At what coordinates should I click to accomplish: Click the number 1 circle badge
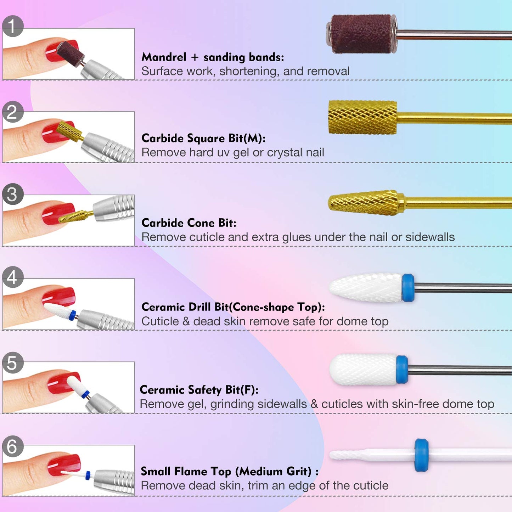point(13,26)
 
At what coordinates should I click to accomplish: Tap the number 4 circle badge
point(13,277)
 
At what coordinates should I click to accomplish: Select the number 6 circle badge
point(13,446)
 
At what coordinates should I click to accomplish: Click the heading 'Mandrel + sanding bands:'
point(213,57)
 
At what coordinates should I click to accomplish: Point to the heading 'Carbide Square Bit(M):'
point(203,138)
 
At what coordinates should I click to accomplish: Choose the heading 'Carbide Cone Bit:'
point(189,223)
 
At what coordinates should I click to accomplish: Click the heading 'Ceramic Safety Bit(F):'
point(199,390)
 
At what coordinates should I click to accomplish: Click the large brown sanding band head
point(361,34)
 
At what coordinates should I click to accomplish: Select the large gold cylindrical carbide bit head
point(362,117)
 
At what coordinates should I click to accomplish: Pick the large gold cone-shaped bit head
point(365,203)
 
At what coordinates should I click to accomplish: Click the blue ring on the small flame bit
point(421,455)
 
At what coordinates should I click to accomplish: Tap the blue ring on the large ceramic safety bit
point(402,370)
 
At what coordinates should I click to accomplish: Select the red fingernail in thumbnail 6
point(64,464)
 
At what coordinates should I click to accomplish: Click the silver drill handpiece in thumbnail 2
point(106,147)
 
